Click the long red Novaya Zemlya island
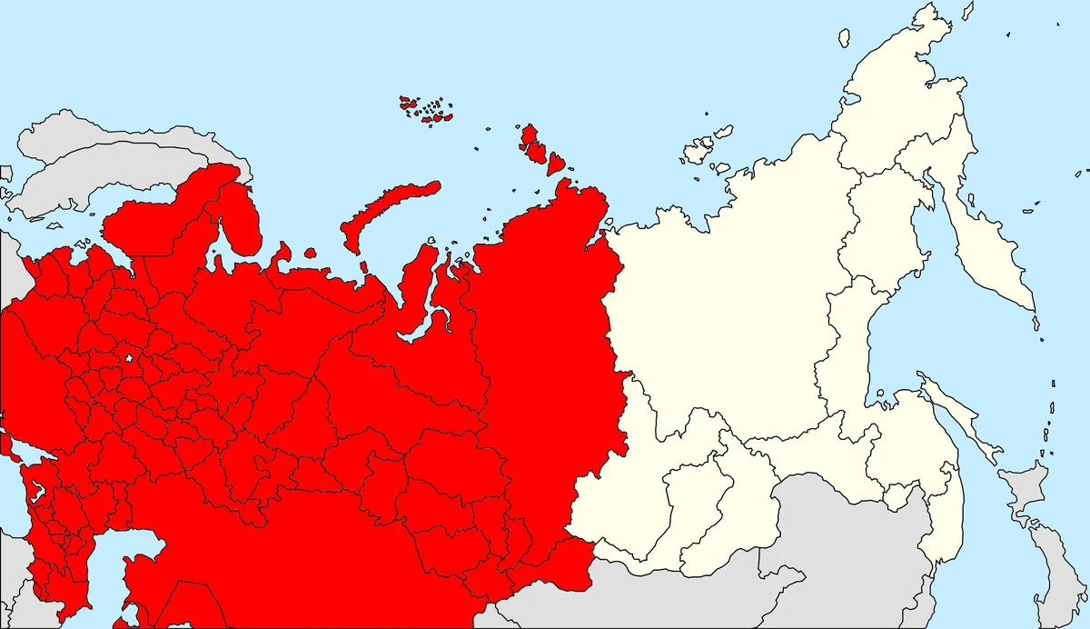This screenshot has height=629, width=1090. [x=386, y=208]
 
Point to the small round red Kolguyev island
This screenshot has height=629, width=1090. [x=310, y=254]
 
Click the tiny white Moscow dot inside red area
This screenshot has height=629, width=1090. [x=130, y=359]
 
